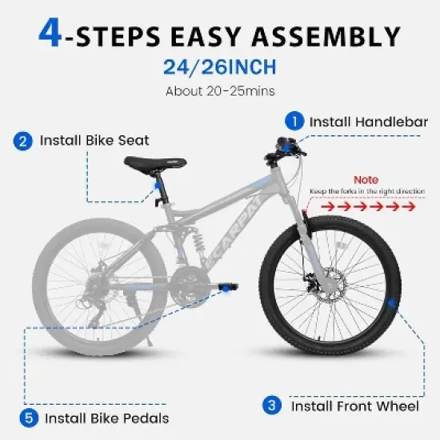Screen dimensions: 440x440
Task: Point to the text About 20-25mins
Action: tap(219, 90)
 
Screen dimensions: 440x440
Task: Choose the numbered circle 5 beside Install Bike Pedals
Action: tap(28, 417)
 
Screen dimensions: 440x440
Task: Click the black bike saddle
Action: tap(149, 163)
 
